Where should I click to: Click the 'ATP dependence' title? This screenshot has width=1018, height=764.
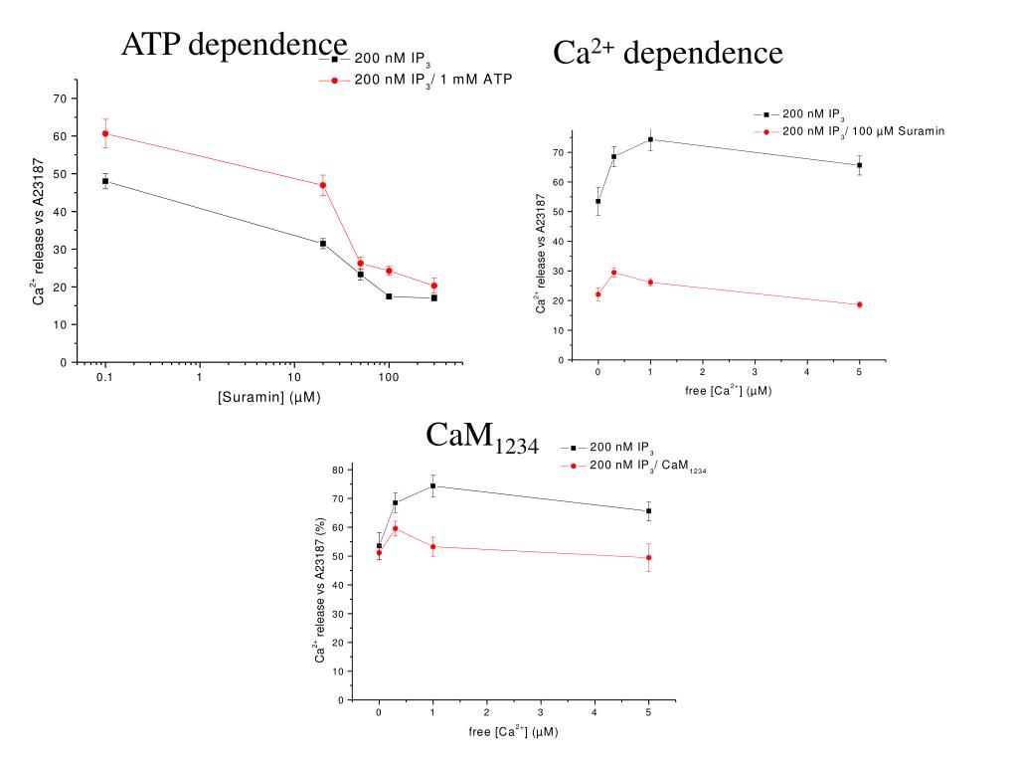tap(235, 45)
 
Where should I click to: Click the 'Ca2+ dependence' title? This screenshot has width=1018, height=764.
tap(667, 53)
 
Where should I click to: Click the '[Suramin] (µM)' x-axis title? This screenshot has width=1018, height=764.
tap(269, 398)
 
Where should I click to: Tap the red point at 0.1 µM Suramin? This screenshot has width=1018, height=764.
tap(104, 133)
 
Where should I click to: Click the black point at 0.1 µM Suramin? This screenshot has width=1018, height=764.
tap(104, 181)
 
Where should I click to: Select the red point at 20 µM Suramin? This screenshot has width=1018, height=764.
tap(323, 185)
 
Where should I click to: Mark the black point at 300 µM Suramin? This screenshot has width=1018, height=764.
tap(434, 297)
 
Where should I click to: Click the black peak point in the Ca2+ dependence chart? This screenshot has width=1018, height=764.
tap(650, 139)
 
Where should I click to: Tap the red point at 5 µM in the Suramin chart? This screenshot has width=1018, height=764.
tap(859, 304)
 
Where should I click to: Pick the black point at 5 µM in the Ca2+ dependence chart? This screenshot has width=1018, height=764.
tap(859, 165)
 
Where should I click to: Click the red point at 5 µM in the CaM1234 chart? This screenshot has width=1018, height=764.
tap(648, 557)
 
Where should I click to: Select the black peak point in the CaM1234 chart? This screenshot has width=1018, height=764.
tap(432, 485)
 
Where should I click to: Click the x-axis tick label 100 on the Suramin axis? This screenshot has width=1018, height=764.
tap(389, 378)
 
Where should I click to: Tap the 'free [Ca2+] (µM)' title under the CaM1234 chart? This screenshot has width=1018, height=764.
tap(513, 732)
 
